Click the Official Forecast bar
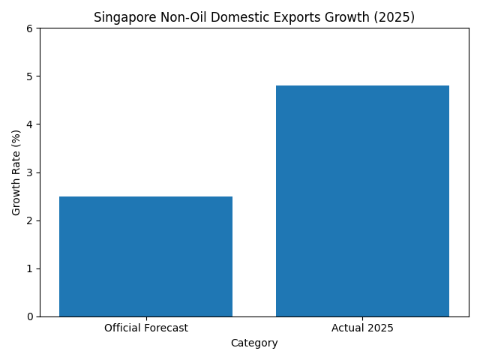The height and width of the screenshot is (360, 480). (145, 256)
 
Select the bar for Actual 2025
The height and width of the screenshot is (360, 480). (362, 201)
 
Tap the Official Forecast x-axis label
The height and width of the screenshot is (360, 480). (145, 328)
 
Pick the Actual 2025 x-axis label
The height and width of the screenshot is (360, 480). (362, 328)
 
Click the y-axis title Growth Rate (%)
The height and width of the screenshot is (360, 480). (16, 172)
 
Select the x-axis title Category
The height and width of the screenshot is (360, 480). (254, 343)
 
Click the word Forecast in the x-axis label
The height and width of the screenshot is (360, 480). (165, 328)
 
